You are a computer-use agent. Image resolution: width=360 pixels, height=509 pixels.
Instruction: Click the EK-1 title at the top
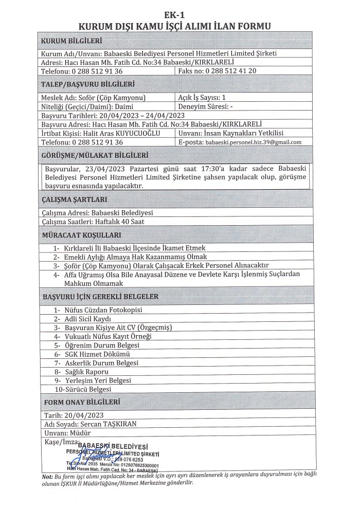[180, 15]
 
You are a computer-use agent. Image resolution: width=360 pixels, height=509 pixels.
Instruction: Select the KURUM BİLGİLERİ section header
[71, 41]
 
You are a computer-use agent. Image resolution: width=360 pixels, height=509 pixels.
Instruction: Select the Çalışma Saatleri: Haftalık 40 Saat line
[93, 222]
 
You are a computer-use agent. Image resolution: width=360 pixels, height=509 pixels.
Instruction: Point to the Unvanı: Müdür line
[61, 433]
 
